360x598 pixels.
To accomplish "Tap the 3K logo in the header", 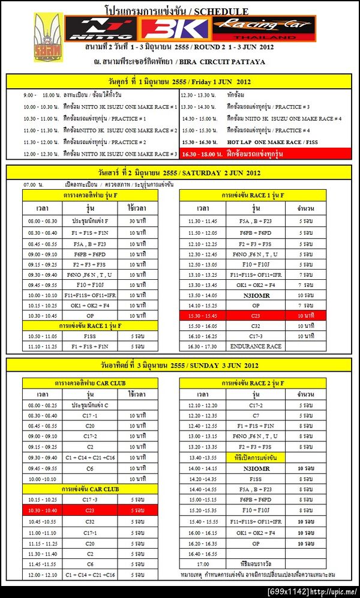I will pyautogui.click(x=175, y=28).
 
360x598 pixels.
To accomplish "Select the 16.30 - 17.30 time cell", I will pyautogui.click(x=203, y=346).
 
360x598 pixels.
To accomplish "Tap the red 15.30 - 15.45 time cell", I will pyautogui.click(x=203, y=315).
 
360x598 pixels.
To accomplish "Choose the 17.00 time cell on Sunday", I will pyautogui.click(x=203, y=564).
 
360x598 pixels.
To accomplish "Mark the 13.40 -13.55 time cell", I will pyautogui.click(x=203, y=457).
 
